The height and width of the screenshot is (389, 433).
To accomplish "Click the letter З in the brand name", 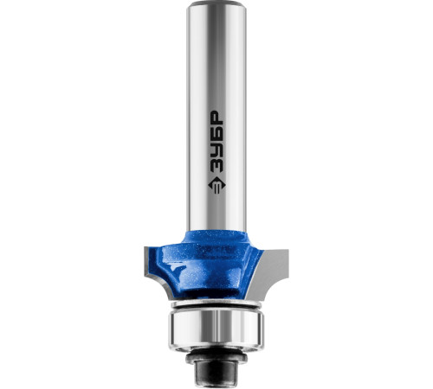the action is coord(216,165).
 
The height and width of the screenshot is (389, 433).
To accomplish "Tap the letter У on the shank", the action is coord(216,150).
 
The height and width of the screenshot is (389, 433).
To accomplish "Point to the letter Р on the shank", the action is coord(216,118).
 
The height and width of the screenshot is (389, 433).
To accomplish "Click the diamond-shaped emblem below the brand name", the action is coord(216,185).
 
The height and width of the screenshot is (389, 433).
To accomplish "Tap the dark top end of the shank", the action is coord(216,3).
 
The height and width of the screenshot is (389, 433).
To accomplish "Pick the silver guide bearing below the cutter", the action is coord(216,329).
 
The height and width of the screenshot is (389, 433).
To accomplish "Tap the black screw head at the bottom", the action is coord(216,371).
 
